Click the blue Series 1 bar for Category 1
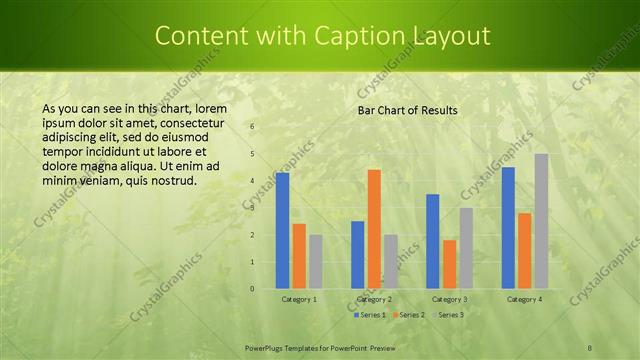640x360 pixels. click(283, 230)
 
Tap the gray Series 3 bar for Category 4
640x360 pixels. click(541, 221)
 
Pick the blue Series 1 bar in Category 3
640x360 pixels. click(433, 241)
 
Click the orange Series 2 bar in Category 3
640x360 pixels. click(449, 264)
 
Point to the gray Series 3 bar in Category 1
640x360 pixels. click(315, 262)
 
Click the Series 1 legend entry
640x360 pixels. click(372, 315)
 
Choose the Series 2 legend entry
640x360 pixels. click(410, 315)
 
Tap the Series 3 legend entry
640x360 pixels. click(448, 315)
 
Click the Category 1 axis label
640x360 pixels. click(299, 299)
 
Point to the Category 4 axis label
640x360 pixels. click(524, 299)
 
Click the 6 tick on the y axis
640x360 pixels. click(252, 127)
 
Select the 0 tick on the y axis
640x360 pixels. click(252, 289)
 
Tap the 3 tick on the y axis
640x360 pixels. click(252, 208)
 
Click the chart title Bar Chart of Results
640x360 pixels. click(407, 110)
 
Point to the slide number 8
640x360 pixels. click(590, 346)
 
